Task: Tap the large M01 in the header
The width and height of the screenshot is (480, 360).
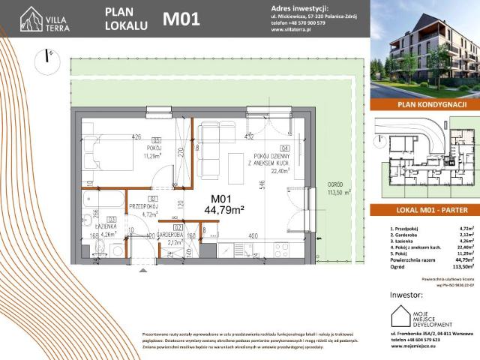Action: pos(181,19)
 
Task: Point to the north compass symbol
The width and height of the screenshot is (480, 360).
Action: pos(49,57)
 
